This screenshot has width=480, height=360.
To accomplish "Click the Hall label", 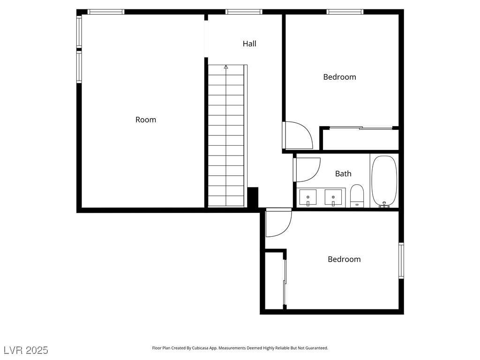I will [249, 44].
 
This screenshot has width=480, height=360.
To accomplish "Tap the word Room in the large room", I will [146, 120].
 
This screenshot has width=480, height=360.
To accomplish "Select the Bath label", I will [343, 173].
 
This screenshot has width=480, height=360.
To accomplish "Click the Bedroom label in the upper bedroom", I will [339, 77].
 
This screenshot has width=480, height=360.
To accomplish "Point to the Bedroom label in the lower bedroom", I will [344, 259].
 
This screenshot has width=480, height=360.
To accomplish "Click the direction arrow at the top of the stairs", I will [226, 67].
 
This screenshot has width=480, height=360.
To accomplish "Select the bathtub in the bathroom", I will [384, 181].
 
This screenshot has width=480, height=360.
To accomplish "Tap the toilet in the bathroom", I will [357, 196].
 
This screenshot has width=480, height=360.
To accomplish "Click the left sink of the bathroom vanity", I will [308, 197].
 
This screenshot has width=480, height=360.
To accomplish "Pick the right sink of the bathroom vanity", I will [333, 197].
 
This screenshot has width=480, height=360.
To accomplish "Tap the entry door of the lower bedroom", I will [278, 222].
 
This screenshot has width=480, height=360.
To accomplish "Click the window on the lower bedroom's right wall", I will [401, 261].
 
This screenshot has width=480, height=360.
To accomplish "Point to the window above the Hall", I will [244, 12].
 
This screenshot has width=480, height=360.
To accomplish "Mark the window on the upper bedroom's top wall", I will [345, 12].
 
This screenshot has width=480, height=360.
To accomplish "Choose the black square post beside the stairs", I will [253, 197].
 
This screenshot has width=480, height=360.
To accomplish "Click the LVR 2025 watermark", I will [26, 350].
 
